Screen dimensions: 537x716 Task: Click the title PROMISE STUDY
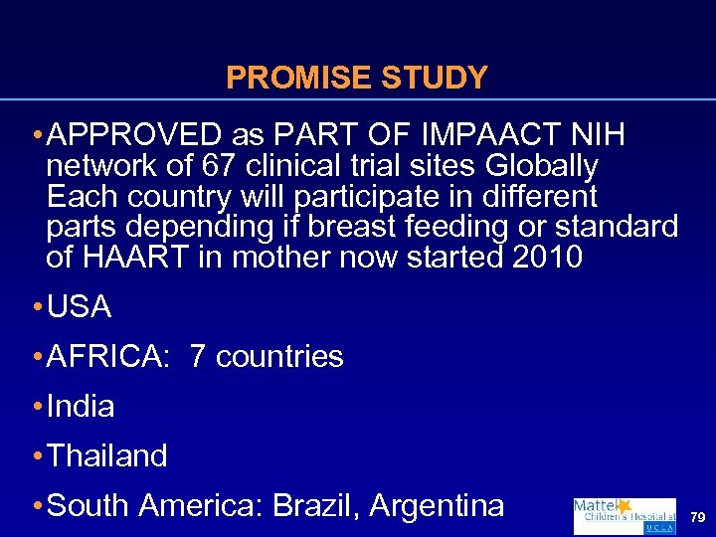[x=357, y=78]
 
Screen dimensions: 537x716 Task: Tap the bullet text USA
[x=80, y=307]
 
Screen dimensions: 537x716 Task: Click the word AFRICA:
[x=109, y=357]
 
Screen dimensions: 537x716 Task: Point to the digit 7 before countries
[x=197, y=357]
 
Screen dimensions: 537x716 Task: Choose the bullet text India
[x=81, y=407]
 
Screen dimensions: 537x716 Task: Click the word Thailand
[x=107, y=456]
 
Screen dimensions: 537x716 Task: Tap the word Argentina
[x=437, y=506]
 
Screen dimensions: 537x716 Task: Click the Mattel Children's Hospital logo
[x=624, y=516]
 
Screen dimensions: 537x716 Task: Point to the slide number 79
[x=698, y=518]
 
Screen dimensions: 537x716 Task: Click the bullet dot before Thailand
[x=37, y=457]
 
